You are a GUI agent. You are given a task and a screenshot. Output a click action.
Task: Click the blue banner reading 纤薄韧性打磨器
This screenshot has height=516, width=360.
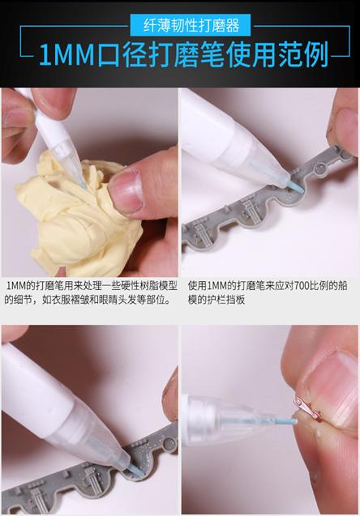click(179, 24)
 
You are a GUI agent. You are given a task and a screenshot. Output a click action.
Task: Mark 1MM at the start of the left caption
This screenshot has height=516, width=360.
click(15, 286)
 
